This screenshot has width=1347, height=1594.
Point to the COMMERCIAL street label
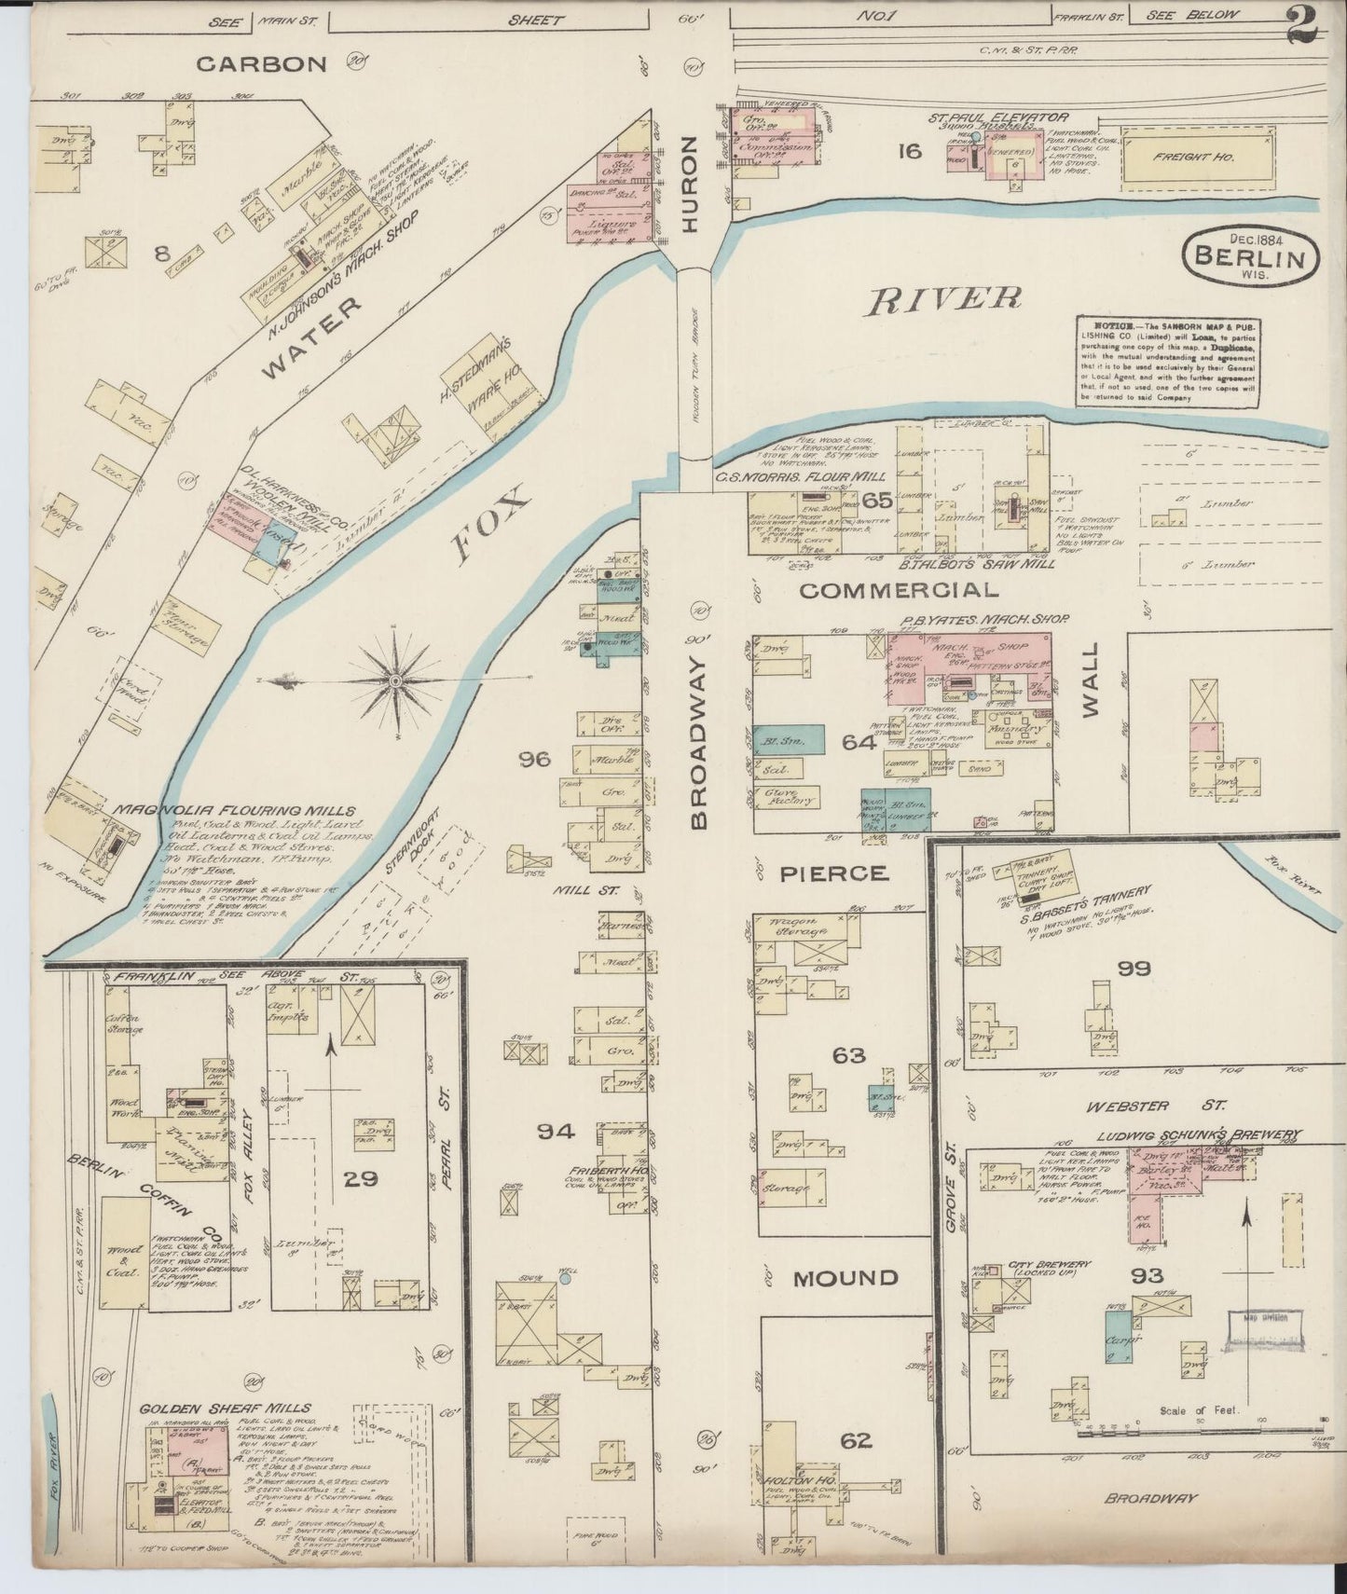(898, 590)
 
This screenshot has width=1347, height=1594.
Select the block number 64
(859, 742)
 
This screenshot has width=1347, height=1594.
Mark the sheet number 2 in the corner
(1302, 25)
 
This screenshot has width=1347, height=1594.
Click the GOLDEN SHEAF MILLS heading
(226, 1408)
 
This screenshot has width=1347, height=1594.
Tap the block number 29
(360, 1178)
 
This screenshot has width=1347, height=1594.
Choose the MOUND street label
(845, 1277)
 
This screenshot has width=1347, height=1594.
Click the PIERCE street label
(832, 873)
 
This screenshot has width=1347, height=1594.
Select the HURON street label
(690, 184)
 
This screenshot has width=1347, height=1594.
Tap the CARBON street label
(262, 63)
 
